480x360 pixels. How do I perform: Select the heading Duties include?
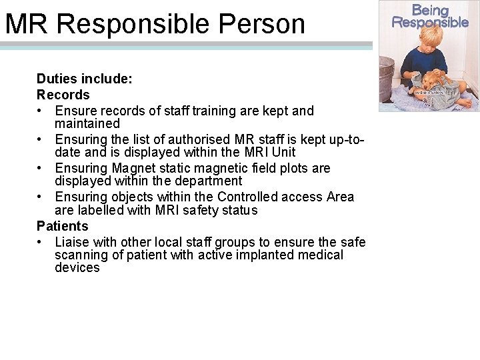85,79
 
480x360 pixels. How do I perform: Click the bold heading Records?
63,95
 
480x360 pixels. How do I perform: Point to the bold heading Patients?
62,226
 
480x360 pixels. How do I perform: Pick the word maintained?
87,124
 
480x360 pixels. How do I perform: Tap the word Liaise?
72,241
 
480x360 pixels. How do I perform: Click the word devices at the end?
77,268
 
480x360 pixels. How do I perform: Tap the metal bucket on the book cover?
387,77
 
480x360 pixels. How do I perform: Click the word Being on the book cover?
430,10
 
